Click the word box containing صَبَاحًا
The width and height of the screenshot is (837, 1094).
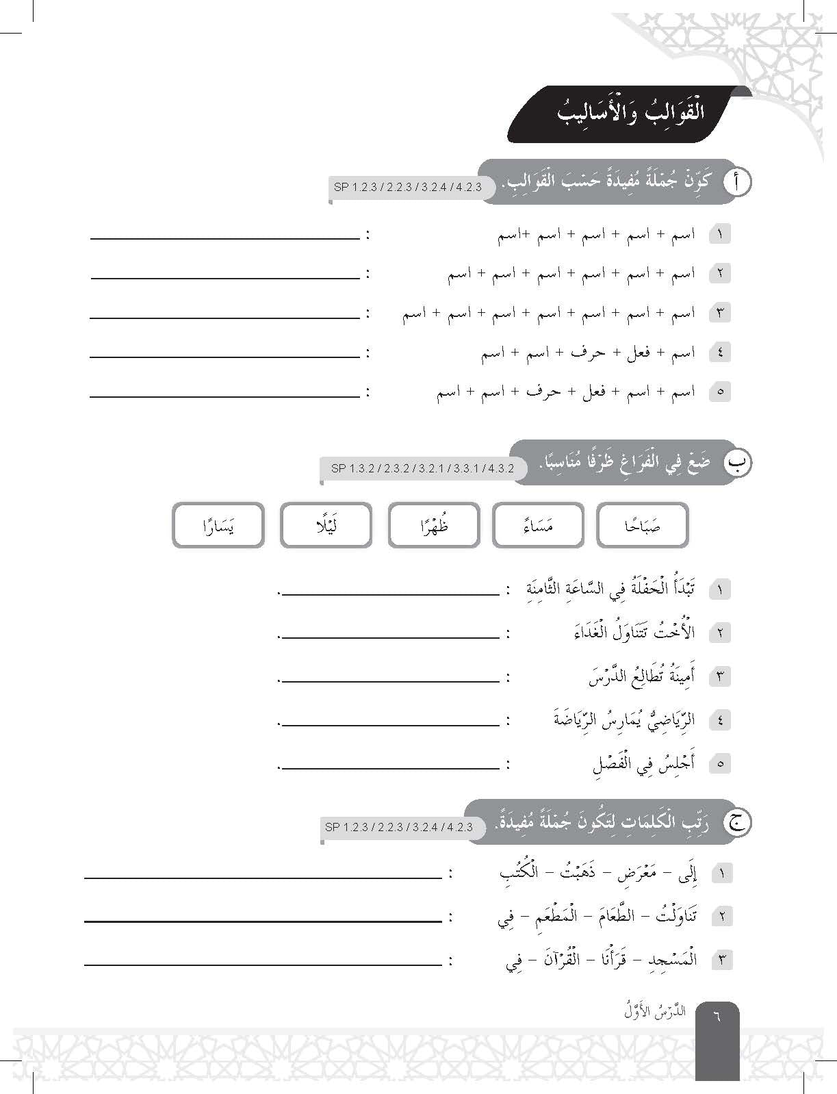click(x=642, y=526)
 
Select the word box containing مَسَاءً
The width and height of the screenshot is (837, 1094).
click(x=538, y=526)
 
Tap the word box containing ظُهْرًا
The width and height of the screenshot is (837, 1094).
click(x=433, y=526)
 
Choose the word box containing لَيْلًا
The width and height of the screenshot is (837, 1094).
click(x=326, y=526)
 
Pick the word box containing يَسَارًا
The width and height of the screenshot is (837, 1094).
click(x=218, y=526)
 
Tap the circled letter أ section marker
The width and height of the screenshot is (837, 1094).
click(x=736, y=181)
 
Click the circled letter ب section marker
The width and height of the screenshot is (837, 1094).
click(x=737, y=463)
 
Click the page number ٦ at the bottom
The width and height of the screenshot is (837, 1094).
click(x=717, y=1016)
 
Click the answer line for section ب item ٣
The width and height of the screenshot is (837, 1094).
click(x=390, y=681)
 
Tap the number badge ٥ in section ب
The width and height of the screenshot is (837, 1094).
click(x=720, y=763)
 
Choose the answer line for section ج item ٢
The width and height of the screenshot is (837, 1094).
click(x=263, y=921)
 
